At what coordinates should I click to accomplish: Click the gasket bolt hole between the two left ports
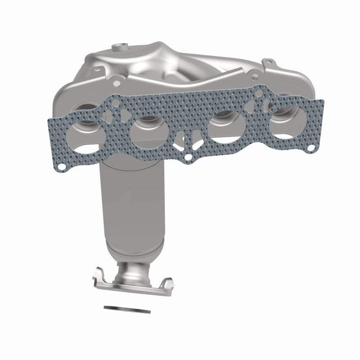coord(116,103)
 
